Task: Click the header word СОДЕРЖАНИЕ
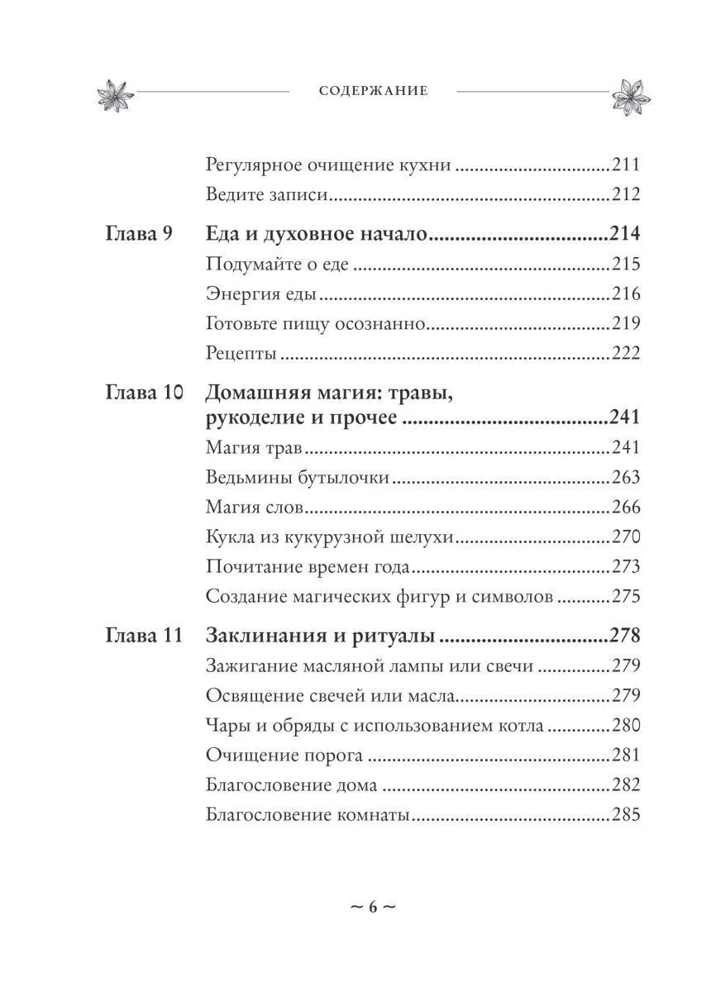pyautogui.click(x=373, y=91)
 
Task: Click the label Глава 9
pyautogui.click(x=140, y=234)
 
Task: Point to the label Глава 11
pyautogui.click(x=144, y=637)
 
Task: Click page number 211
pyautogui.click(x=626, y=165)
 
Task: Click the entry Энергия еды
pyautogui.click(x=262, y=295)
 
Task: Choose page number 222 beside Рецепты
pyautogui.click(x=626, y=354)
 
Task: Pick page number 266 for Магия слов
pyautogui.click(x=626, y=508)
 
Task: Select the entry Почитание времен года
pyautogui.click(x=307, y=568)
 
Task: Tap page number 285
pyautogui.click(x=626, y=815)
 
